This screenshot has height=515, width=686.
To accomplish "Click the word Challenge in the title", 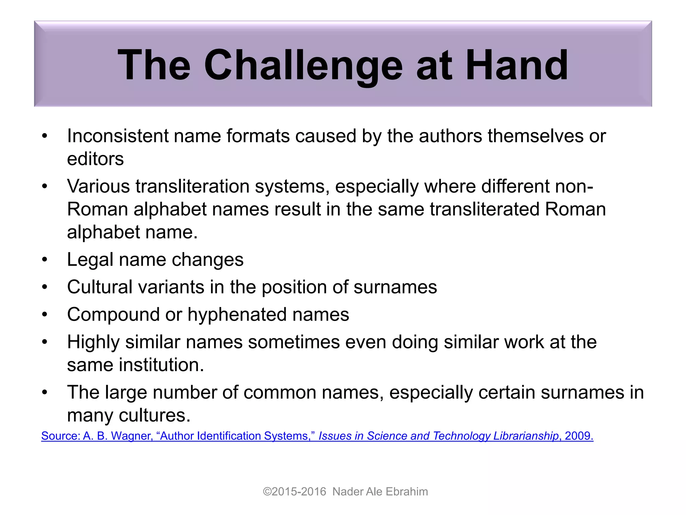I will (303, 65).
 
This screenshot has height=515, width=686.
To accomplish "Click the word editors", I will (95, 159).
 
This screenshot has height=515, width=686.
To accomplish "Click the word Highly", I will (93, 342).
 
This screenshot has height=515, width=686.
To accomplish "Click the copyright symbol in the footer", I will (267, 492).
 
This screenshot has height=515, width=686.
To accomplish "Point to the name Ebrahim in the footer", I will (407, 492).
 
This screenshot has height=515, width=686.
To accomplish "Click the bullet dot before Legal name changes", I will (45, 260).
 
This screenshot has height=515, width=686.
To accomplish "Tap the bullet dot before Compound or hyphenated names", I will (45, 315).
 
